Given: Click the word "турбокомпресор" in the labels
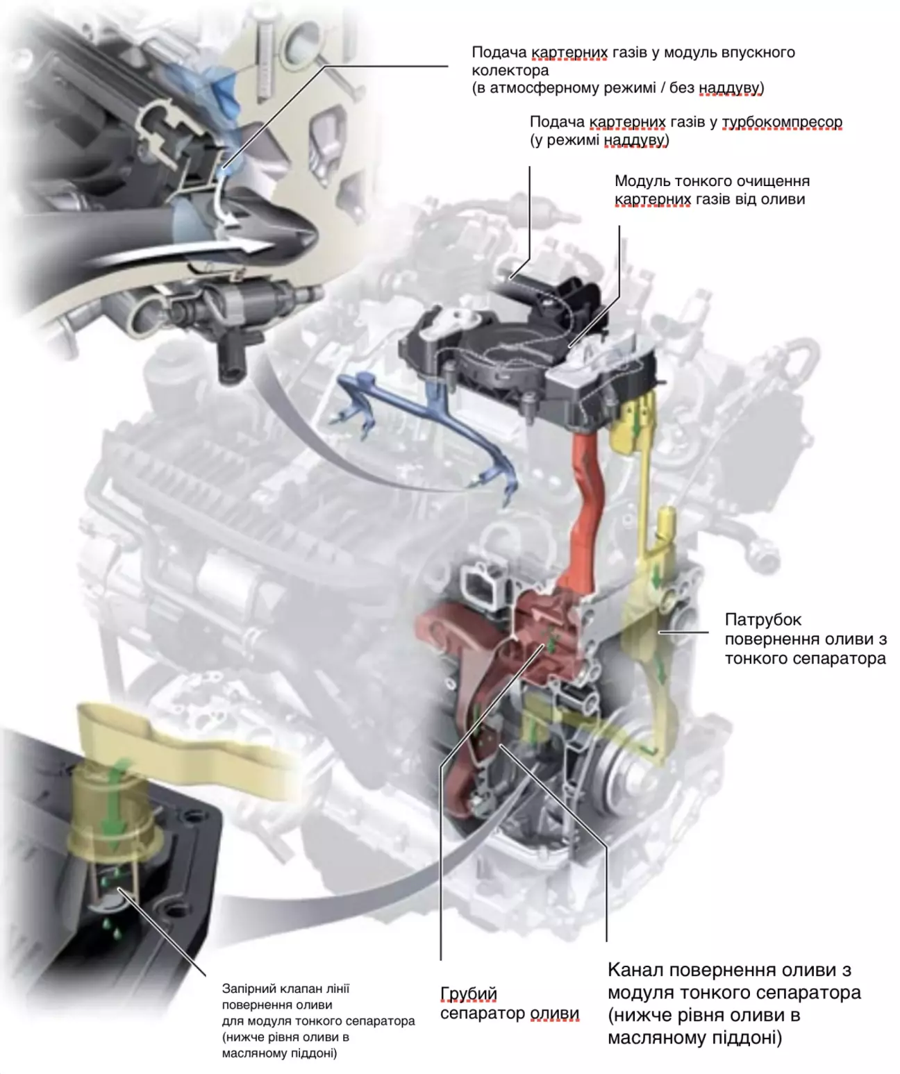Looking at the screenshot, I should [782, 122].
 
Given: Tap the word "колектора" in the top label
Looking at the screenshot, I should [510, 70].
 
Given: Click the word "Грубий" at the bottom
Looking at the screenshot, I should [468, 994].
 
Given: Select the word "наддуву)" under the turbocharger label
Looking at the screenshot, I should [636, 140].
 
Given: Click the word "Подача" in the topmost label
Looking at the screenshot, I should [499, 53].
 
